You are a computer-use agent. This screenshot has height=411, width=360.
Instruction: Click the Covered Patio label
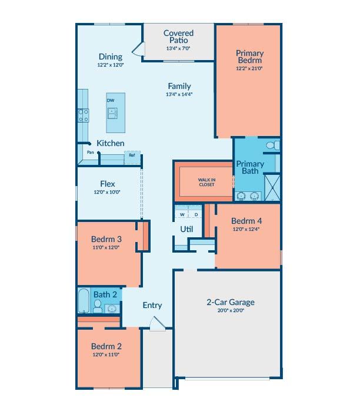pyautogui.click(x=179, y=37)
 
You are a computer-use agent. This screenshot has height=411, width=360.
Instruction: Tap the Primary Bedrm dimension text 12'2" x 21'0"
pyautogui.click(x=249, y=68)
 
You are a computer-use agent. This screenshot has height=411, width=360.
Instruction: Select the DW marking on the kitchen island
pyautogui.click(x=110, y=100)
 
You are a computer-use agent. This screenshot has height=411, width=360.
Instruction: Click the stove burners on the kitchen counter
pyautogui.click(x=84, y=115)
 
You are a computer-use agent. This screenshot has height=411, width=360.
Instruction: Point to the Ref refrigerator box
pyautogui.click(x=132, y=158)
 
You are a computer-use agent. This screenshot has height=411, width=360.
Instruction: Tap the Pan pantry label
pyautogui.click(x=91, y=153)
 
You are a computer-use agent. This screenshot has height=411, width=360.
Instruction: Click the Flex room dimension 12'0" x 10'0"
pyautogui.click(x=107, y=192)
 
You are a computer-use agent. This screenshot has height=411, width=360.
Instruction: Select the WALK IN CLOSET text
pyautogui.click(x=206, y=182)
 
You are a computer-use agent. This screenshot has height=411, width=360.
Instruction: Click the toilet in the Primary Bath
pyautogui.click(x=273, y=145)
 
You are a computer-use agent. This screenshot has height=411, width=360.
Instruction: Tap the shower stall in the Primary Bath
pyautogui.click(x=272, y=188)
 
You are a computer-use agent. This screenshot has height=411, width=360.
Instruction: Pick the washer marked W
pyautogui.click(x=182, y=215)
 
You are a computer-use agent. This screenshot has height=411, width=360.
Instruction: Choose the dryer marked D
pyautogui.click(x=196, y=215)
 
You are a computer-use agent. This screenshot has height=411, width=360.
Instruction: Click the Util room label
pyautogui.click(x=186, y=230)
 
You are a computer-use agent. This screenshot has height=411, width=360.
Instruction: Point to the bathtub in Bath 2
pyautogui.click(x=84, y=301)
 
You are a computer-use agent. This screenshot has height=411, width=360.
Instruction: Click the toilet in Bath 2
pyautogui.click(x=98, y=306)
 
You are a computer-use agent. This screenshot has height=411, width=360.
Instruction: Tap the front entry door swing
pyautogui.click(x=157, y=324)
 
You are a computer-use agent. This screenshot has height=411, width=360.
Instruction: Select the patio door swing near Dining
pyautogui.click(x=138, y=49)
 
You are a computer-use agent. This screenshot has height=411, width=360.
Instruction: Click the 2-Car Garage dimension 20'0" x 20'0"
pyautogui.click(x=231, y=311)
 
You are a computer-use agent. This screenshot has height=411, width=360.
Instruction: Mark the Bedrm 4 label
pyautogui.click(x=246, y=221)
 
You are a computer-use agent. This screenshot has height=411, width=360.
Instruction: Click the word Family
pyautogui.click(x=179, y=86)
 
